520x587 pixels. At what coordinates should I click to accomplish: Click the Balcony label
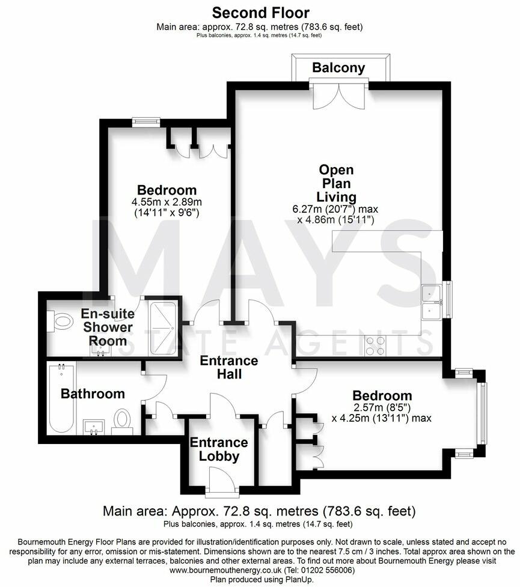coord(338,68)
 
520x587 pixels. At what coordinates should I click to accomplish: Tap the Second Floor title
coord(260,13)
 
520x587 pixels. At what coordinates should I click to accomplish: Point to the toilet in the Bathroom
coord(123,419)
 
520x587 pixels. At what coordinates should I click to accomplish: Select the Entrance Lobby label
coord(219,449)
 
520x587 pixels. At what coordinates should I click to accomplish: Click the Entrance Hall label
coord(228,367)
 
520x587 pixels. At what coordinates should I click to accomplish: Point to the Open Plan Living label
coord(336,183)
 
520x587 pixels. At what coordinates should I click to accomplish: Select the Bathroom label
coord(93,394)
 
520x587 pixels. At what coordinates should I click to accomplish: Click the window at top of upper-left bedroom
coord(147,122)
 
